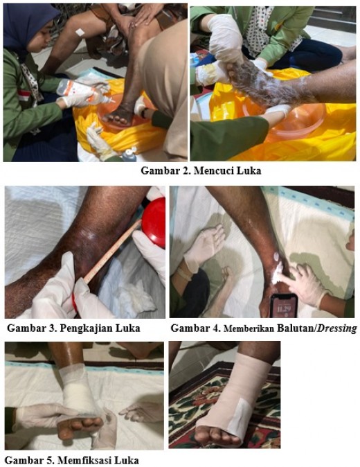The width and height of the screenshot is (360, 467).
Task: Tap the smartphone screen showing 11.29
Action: pos(284,308)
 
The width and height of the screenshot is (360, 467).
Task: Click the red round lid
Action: pos(154,222)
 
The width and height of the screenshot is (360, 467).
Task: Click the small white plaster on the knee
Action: pos(80,32)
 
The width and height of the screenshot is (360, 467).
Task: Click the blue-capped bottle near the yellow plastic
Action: pos(129,155)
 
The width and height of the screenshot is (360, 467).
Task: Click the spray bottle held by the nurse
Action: pos(87,91)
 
